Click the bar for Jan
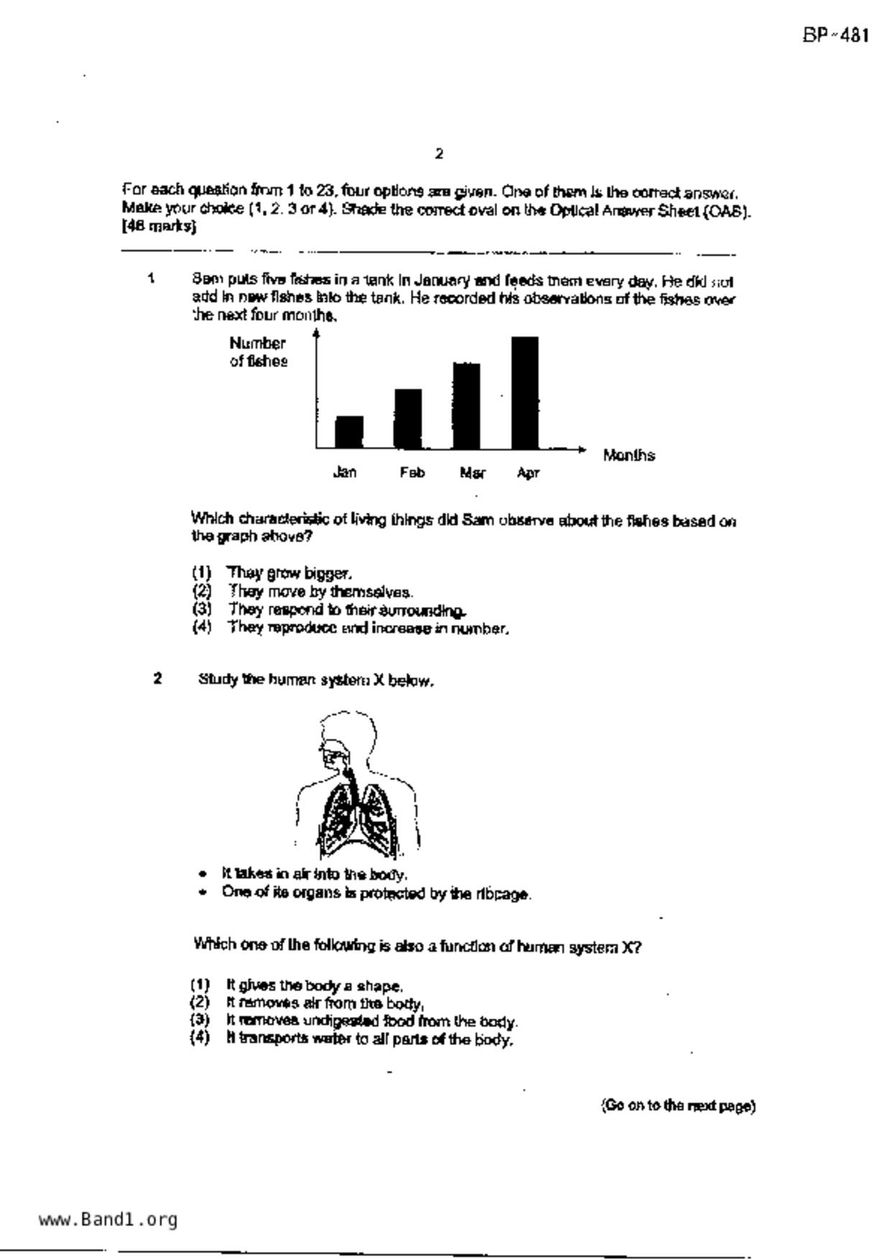coord(349,432)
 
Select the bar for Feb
coord(408,419)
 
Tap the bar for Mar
coord(466,406)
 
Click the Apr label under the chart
coord(528,473)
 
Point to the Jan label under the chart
coord(345,472)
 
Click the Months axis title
coord(629,455)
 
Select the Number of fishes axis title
coord(258,352)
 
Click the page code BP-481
coord(836,35)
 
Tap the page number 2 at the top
coord(439,153)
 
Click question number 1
coord(151,278)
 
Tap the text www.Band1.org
coord(108,1219)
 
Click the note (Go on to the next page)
coord(678,1106)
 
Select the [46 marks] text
coord(159,226)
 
